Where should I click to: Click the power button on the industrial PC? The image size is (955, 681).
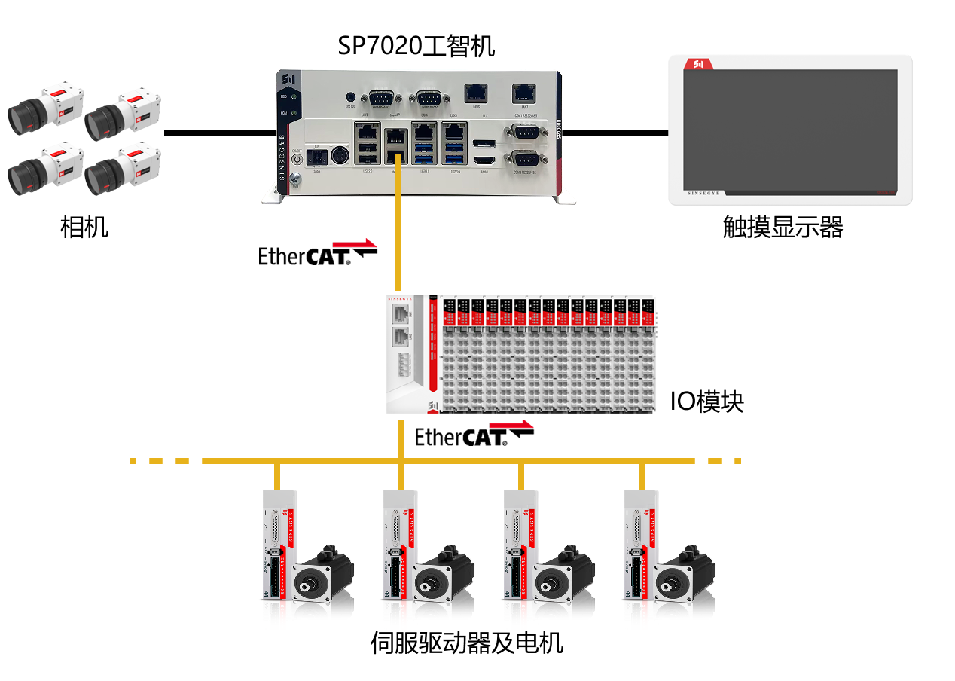(x=296, y=158)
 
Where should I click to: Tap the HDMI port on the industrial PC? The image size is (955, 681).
(x=485, y=162)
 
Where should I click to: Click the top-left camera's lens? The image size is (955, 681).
(x=22, y=115)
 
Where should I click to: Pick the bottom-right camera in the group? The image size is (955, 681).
(x=121, y=170)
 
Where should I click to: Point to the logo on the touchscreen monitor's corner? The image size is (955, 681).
(x=697, y=65)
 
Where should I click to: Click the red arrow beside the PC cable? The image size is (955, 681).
(x=354, y=243)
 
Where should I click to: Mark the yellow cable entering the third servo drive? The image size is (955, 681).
(x=520, y=476)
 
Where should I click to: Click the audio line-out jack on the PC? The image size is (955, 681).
(x=349, y=96)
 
